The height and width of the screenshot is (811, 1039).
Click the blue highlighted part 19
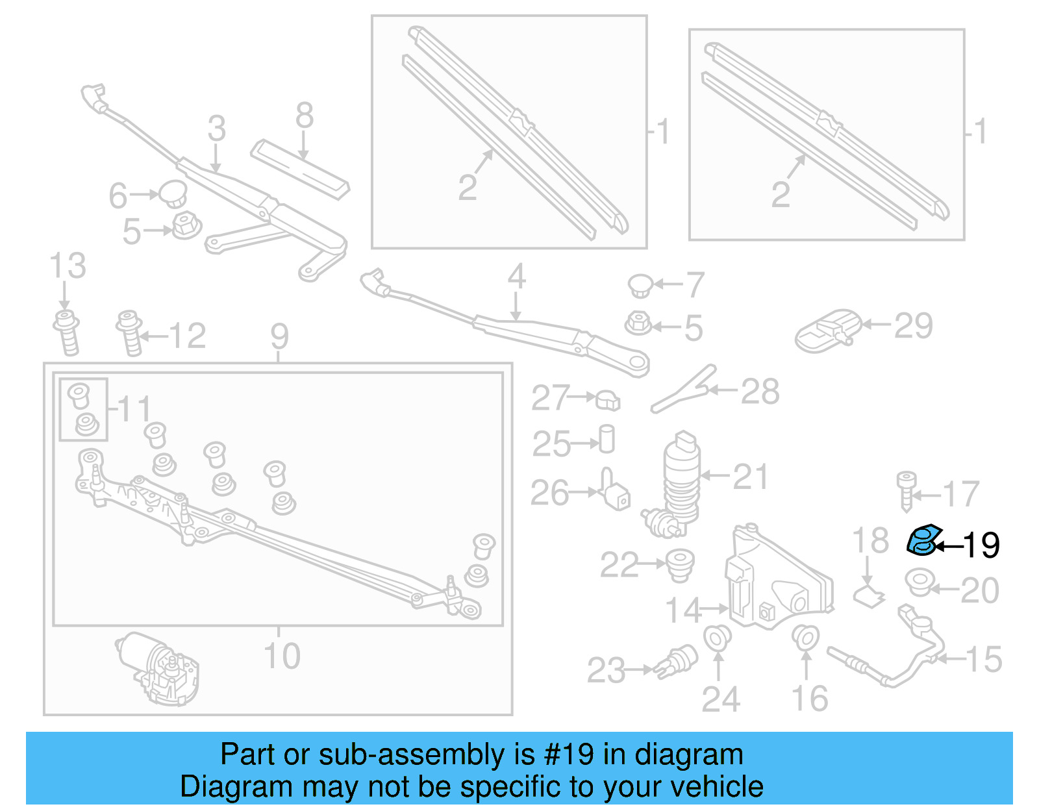pos(923,542)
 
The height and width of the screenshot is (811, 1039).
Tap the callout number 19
pos(981,545)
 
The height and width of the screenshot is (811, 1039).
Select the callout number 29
pos(913,326)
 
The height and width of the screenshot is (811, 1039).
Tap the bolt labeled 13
pos(67,332)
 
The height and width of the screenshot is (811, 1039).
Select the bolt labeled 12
pos(130,332)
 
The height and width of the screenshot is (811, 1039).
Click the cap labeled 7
pos(640,285)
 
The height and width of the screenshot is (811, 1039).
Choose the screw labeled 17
pos(907,491)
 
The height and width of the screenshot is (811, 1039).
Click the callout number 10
pos(282,656)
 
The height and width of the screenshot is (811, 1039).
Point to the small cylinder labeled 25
pos(607,439)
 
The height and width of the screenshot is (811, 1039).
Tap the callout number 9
pos(279,336)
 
